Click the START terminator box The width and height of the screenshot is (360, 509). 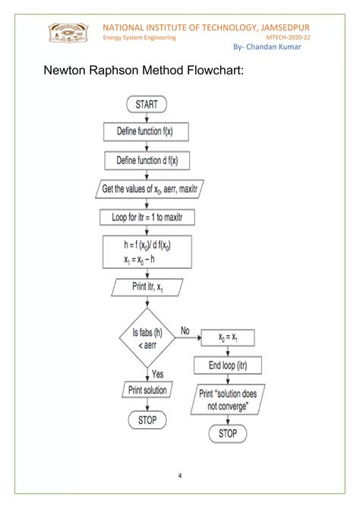pyautogui.click(x=147, y=104)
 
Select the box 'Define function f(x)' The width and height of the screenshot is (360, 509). pyautogui.click(x=147, y=131)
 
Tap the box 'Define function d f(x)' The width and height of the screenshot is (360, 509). pyautogui.click(x=147, y=160)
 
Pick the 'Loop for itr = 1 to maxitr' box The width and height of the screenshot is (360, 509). pyautogui.click(x=147, y=217)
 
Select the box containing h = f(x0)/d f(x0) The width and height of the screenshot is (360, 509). pyautogui.click(x=147, y=251)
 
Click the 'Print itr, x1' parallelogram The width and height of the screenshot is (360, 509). pyautogui.click(x=147, y=287)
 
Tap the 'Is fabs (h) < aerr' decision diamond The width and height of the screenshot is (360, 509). pyautogui.click(x=147, y=337)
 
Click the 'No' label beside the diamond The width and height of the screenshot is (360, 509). pyautogui.click(x=185, y=330)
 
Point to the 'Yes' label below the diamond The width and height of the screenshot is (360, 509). pyautogui.click(x=158, y=374)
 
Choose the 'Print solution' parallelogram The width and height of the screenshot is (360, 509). pyautogui.click(x=147, y=390)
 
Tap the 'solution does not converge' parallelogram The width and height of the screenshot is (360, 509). pyautogui.click(x=228, y=400)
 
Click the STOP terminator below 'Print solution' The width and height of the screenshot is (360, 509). pyautogui.click(x=147, y=420)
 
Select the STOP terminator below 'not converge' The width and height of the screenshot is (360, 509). pyautogui.click(x=227, y=434)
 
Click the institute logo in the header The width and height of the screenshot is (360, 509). pyautogui.click(x=69, y=34)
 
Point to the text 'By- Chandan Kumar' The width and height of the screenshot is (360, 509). pyautogui.click(x=268, y=48)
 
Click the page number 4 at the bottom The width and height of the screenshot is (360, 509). pyautogui.click(x=180, y=476)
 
